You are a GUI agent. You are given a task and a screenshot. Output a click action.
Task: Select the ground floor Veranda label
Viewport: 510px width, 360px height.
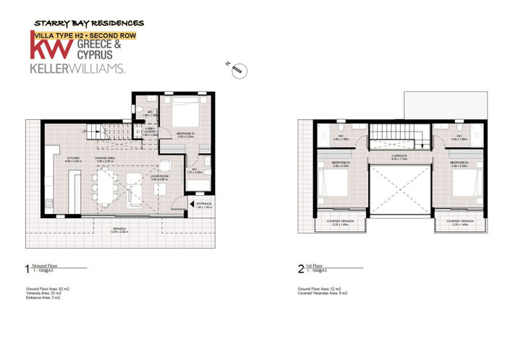118,230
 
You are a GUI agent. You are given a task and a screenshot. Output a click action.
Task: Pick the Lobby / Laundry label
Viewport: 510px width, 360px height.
150,131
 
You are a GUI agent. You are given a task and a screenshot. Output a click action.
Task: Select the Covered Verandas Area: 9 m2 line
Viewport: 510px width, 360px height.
323,293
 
